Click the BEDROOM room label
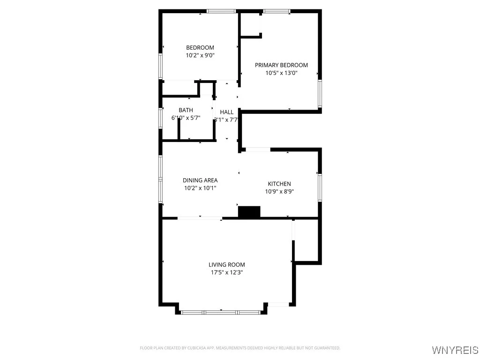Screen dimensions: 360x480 [200, 47]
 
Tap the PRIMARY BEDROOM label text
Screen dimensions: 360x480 [281, 65]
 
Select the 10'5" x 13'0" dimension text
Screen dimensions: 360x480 [281, 73]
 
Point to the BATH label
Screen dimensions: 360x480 [186, 110]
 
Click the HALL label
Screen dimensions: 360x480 [226, 112]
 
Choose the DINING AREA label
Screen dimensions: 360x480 [200, 180]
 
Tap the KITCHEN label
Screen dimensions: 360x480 [279, 184]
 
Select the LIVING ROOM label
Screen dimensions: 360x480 [227, 264]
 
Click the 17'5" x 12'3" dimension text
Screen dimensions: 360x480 [227, 272]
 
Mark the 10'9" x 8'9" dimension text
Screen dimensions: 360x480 [279, 191]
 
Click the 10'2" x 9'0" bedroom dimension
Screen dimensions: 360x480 [200, 55]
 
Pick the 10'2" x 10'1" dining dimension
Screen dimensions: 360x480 [200, 187]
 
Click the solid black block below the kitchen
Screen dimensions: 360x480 [249, 212]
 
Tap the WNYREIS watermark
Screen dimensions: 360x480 [455, 350]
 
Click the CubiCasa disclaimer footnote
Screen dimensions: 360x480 [240, 348]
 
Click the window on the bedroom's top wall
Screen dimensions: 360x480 [221, 11]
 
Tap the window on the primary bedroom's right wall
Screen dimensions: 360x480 [320, 93]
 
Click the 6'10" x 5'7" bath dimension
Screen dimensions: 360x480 [186, 118]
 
